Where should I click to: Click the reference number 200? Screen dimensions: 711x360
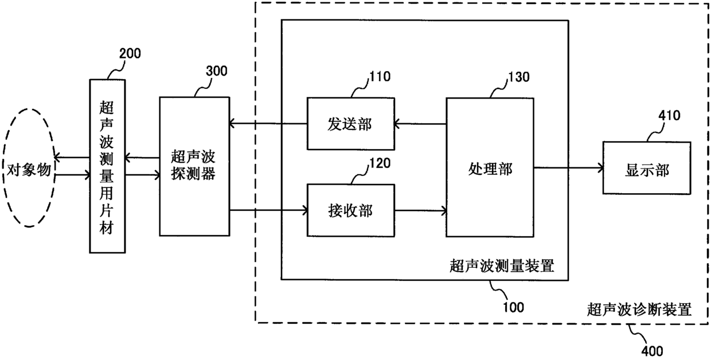(x=130, y=53)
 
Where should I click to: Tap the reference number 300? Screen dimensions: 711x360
(x=217, y=71)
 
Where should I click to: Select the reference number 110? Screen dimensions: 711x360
(x=380, y=77)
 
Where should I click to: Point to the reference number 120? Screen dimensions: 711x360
(x=380, y=163)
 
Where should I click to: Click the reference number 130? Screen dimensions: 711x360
(x=519, y=77)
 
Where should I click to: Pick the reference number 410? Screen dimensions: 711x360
(x=669, y=115)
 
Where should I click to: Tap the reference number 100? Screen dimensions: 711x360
(x=513, y=307)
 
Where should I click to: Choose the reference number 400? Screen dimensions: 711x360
(x=652, y=351)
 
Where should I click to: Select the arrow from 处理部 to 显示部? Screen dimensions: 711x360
(x=568, y=168)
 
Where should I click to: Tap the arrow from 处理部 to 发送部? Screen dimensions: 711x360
(x=420, y=124)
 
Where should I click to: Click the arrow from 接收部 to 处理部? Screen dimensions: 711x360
(x=420, y=210)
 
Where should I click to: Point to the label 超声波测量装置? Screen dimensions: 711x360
(x=502, y=266)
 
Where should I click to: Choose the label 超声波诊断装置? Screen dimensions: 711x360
(x=639, y=310)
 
